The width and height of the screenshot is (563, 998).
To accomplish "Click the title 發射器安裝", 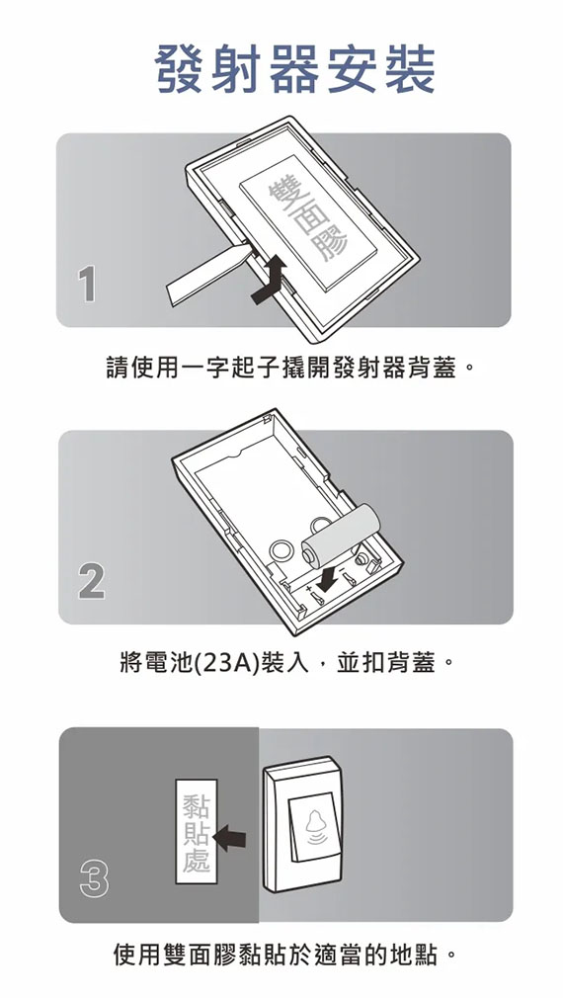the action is click(x=294, y=69).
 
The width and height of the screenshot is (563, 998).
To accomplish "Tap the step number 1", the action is click(x=87, y=285).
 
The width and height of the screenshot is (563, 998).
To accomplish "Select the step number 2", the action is click(x=92, y=582).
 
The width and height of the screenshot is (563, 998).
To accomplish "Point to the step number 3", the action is click(x=94, y=879).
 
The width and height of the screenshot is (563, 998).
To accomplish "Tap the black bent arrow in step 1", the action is click(x=269, y=279).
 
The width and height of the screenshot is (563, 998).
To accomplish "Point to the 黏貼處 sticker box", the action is click(x=197, y=831).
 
